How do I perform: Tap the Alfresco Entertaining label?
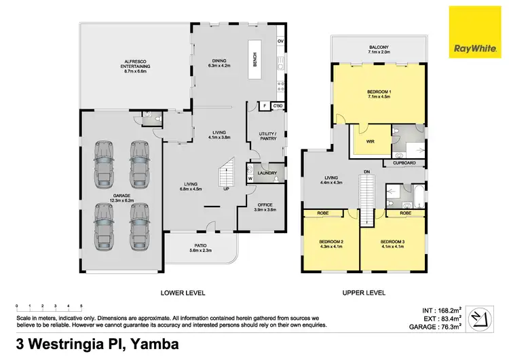136,64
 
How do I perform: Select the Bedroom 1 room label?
379,94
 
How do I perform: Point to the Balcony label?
379,48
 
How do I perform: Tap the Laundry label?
266,172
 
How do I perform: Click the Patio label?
200,249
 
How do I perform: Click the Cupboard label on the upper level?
404,163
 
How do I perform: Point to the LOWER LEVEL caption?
183,293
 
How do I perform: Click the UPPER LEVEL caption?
364,293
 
